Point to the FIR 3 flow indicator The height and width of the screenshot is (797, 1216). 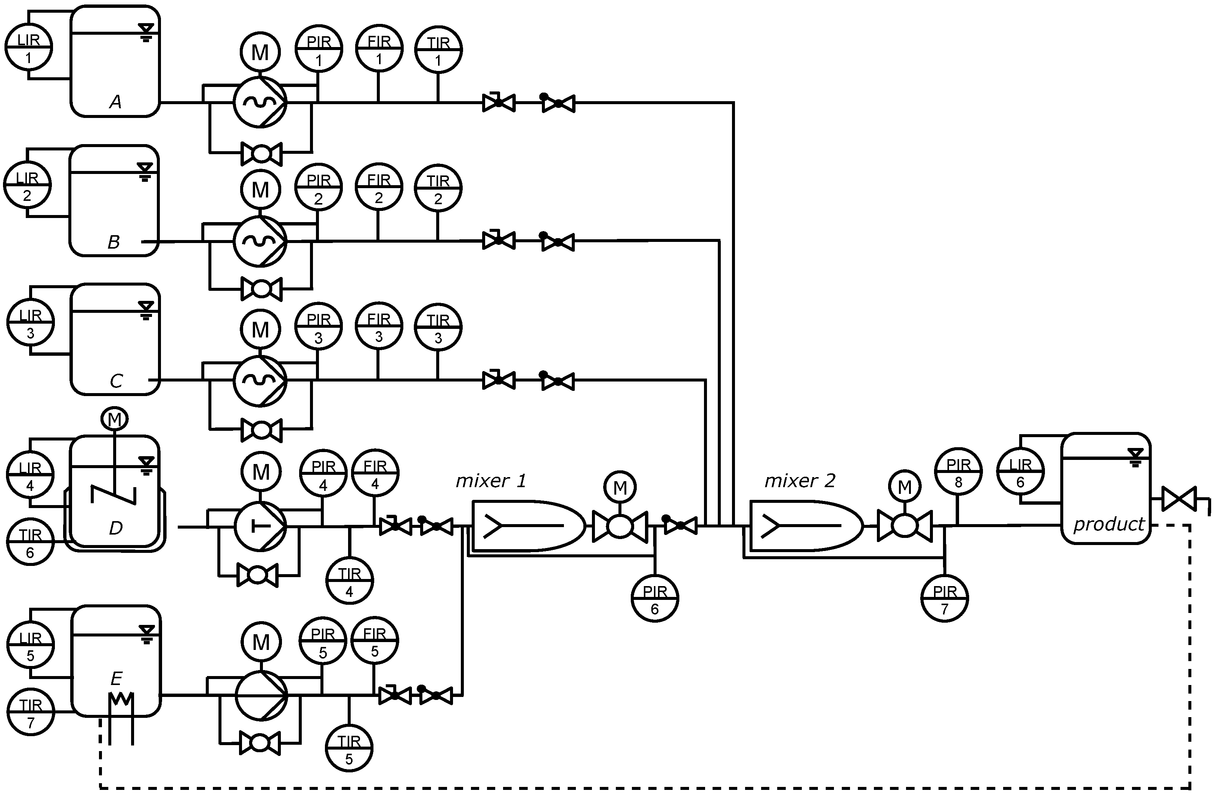click(379, 326)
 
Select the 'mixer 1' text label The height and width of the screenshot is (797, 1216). click(490, 480)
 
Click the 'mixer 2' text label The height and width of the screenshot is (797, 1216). click(800, 480)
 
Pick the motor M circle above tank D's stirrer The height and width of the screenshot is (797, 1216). click(114, 419)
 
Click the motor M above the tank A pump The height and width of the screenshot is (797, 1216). click(260, 52)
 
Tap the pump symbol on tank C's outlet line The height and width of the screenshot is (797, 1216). click(260, 380)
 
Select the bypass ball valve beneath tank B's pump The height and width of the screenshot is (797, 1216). click(261, 289)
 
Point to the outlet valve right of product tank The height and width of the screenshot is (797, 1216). click(1179, 499)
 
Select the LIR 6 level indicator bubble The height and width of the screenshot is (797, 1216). click(1020, 472)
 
